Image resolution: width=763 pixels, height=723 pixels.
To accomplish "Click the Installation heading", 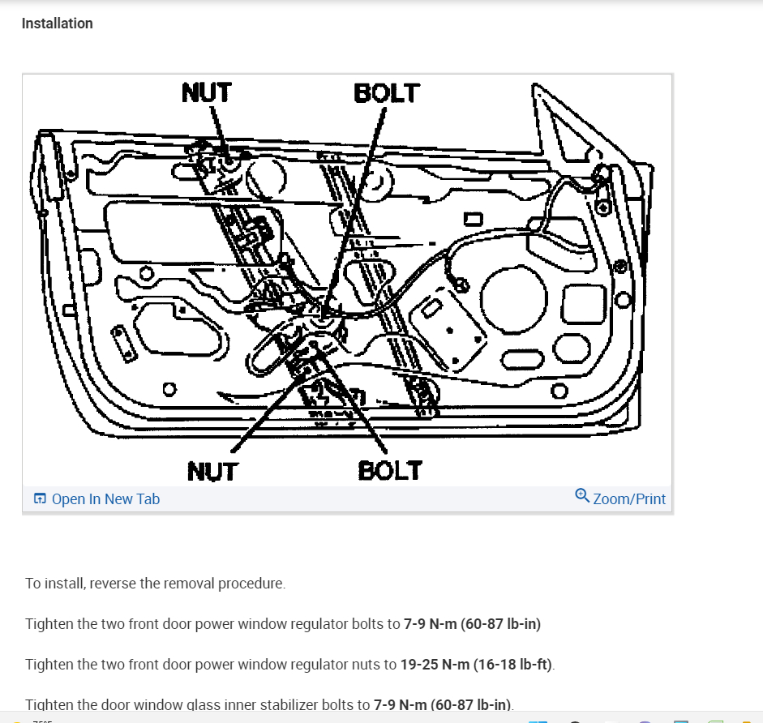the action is [57, 24].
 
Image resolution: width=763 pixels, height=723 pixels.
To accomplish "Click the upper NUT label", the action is [206, 92].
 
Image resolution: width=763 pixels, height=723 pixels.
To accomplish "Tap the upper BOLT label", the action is [387, 92].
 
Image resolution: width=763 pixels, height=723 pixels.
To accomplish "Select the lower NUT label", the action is [212, 471].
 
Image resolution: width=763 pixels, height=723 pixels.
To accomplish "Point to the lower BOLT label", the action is [390, 470].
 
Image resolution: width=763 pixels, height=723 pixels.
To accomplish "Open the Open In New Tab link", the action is [105, 499].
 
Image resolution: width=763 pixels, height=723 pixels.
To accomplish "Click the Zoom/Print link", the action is [629, 499].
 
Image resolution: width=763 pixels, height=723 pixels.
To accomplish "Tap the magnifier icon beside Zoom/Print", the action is [581, 496].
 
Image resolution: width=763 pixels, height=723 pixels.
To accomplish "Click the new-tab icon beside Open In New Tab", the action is [40, 499].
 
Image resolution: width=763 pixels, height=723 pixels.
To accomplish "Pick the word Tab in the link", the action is [148, 499].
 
